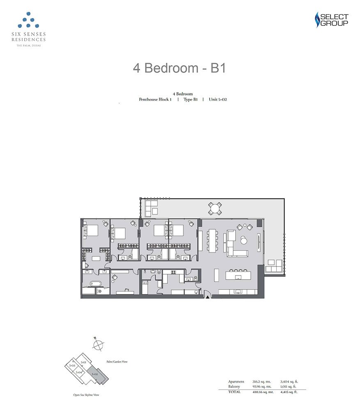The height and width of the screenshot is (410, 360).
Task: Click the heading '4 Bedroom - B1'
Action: click(179, 68)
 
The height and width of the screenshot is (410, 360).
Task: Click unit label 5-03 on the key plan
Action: click(72, 365)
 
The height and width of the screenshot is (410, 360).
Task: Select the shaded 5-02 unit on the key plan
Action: click(96, 374)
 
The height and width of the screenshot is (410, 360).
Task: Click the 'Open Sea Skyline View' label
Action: click(84, 395)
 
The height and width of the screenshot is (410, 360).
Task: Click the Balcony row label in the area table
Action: click(234, 387)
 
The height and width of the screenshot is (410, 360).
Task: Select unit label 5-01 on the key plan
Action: click(83, 362)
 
